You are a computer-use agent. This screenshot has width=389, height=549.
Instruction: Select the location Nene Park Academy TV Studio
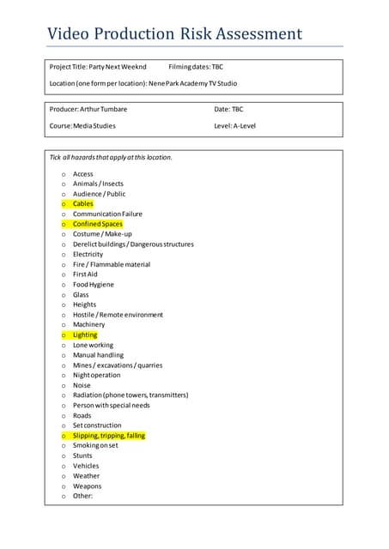pos(193,83)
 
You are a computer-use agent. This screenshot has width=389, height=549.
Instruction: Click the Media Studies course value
pos(95,125)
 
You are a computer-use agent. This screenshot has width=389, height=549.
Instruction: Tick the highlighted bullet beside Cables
pos(64,204)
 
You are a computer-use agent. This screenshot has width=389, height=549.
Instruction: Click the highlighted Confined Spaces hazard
pos(98,224)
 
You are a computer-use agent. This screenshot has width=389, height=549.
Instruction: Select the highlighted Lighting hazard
pos(85,335)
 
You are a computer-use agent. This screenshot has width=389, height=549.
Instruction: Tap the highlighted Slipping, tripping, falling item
pos(109,436)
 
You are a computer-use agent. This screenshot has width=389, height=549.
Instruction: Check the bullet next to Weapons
pos(64,486)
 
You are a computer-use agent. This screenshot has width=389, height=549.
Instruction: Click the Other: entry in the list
pos(82,496)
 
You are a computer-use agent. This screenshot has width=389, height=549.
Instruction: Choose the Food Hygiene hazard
pos(93,285)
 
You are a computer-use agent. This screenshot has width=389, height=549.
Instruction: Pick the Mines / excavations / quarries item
pos(118,365)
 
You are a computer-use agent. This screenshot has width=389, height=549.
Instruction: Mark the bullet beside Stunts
pos(64,456)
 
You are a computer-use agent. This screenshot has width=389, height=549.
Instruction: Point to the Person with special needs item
pos(112,406)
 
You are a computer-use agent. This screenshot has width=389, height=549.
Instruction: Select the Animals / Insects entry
pos(98,184)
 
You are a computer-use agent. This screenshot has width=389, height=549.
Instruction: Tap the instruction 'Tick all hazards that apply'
pos(111,158)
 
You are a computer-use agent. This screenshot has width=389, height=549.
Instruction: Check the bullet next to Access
pos(64,174)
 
